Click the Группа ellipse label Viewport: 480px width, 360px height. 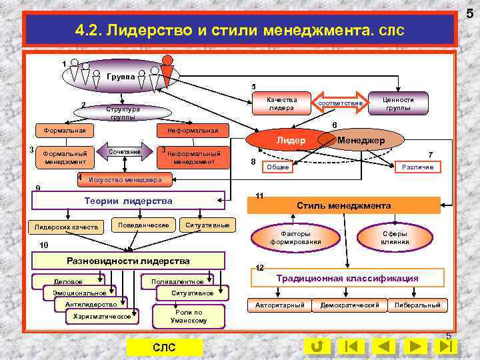(121, 77)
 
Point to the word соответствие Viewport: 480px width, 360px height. (341, 103)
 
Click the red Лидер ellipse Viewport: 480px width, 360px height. (291, 141)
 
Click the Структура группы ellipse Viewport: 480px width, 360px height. (123, 112)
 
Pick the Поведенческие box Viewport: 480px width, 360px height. (143, 225)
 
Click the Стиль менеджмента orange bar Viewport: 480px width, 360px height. (344, 205)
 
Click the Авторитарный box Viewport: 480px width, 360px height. (280, 305)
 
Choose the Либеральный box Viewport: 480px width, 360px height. (417, 305)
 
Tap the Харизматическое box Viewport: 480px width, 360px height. (102, 317)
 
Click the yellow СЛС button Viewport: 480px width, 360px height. (164, 347)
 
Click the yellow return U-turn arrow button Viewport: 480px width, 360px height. (318, 346)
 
